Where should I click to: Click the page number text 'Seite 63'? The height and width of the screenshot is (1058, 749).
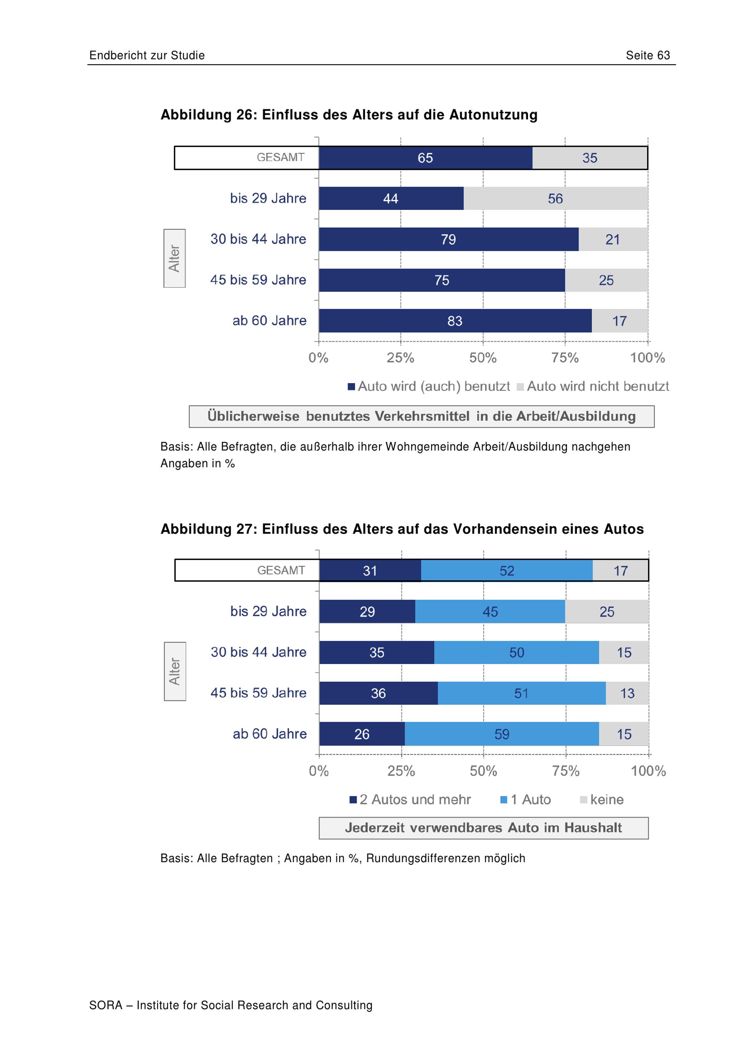click(648, 55)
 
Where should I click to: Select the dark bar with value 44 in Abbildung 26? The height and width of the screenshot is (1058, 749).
click(391, 198)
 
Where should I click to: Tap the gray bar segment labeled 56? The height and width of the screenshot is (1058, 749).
click(555, 198)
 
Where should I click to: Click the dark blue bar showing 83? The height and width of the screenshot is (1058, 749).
click(455, 321)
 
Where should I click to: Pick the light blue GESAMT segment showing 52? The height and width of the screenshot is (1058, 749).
click(506, 571)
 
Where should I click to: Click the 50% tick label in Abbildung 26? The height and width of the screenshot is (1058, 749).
click(483, 358)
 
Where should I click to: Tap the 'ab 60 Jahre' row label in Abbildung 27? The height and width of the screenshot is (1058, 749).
click(269, 734)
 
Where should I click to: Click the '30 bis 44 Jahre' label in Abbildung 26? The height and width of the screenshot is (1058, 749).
click(258, 239)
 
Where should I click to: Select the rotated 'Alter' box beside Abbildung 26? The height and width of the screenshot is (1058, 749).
click(175, 258)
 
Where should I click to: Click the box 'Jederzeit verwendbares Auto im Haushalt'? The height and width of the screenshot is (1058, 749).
click(483, 828)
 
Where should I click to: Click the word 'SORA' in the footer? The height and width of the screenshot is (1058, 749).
click(106, 1005)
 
